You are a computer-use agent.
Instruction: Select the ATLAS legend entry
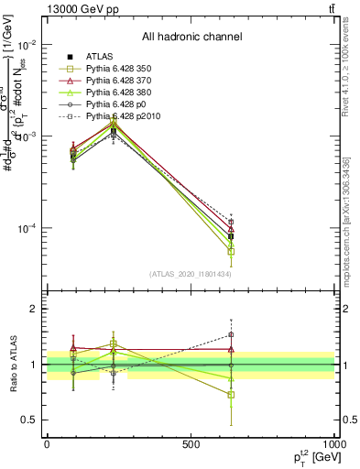[x=102, y=58]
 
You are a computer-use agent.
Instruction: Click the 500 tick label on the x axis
[x=191, y=444]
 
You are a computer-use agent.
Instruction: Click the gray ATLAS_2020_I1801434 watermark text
[x=191, y=274]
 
